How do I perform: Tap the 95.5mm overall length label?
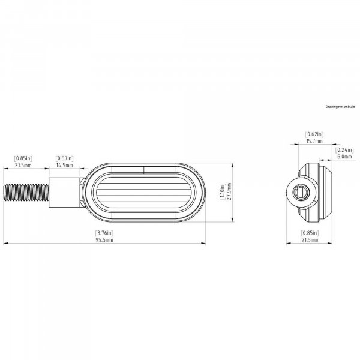tap(104, 240)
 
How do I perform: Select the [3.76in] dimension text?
tap(104, 233)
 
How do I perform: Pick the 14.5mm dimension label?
tap(65, 165)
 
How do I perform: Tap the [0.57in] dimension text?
tap(65, 158)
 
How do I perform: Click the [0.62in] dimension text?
tap(314, 134)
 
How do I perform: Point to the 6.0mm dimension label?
tap(344, 156)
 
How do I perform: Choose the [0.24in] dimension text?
tap(344, 149)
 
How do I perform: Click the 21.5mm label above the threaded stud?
tap(23, 165)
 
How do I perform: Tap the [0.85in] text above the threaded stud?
tap(23, 158)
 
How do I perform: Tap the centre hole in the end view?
tap(299, 193)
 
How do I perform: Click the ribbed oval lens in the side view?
tap(145, 193)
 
